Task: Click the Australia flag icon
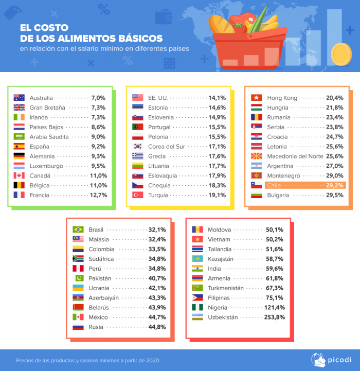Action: click(x=19, y=98)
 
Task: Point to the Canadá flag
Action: click(x=19, y=175)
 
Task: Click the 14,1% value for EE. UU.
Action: click(x=217, y=98)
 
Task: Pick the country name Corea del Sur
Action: click(x=166, y=147)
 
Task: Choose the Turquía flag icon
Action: click(x=137, y=195)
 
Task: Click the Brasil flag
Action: click(x=78, y=229)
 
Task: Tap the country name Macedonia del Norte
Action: click(x=295, y=156)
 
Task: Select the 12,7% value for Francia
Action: click(x=98, y=195)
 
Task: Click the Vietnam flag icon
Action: click(x=197, y=239)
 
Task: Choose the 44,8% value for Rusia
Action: click(x=157, y=327)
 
